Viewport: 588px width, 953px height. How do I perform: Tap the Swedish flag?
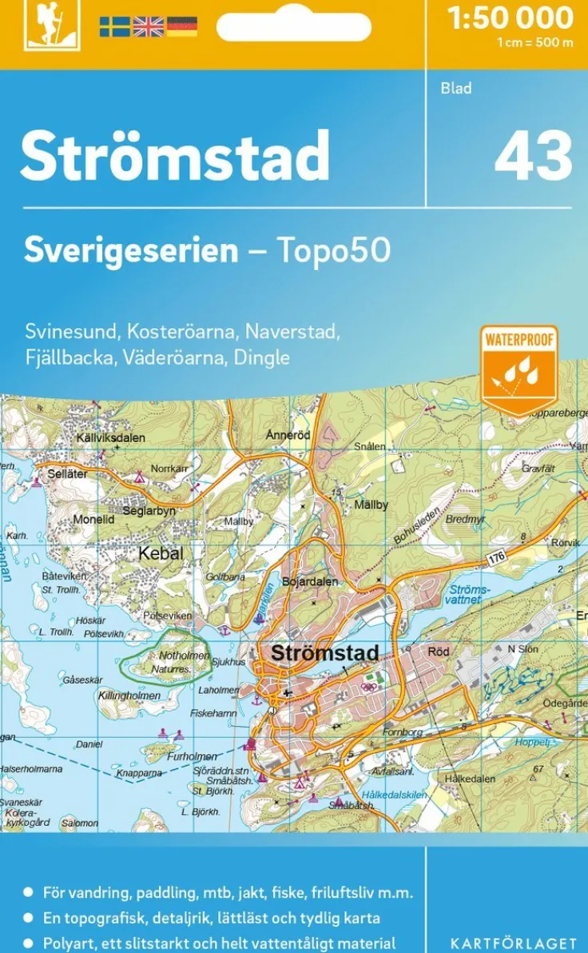(x=114, y=26)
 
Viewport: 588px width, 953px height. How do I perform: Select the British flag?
(x=148, y=26)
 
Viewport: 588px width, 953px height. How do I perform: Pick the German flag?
(x=181, y=26)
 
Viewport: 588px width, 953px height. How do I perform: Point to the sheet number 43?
(x=533, y=156)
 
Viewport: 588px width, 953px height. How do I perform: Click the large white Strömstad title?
(x=175, y=155)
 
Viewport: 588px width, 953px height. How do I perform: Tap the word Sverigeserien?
(x=131, y=251)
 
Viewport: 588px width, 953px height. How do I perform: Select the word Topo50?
(x=333, y=251)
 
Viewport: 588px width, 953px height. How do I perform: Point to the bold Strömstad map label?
(x=324, y=652)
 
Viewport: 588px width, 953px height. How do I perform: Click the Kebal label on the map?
(x=161, y=553)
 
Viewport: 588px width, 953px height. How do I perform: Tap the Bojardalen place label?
(x=309, y=581)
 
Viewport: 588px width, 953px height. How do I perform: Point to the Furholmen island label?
(x=192, y=756)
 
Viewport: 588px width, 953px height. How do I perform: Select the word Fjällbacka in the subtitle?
(x=70, y=357)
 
